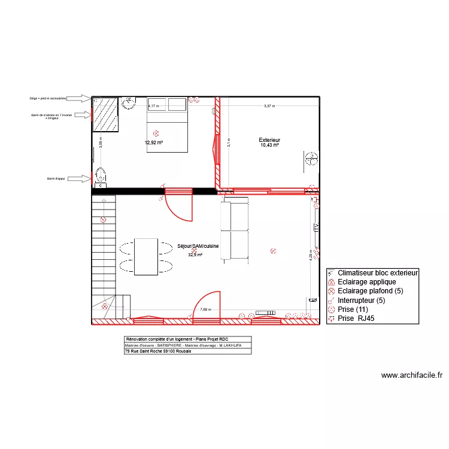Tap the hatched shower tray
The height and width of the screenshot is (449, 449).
105,114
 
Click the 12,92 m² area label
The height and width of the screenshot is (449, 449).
154,143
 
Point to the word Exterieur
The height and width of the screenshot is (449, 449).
270,140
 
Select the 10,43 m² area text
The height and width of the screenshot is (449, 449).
270,145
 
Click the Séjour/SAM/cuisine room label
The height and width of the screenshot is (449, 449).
198,246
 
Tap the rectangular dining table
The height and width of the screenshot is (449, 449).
146,256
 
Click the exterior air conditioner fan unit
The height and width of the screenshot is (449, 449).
311,159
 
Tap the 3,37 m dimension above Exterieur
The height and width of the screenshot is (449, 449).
269,106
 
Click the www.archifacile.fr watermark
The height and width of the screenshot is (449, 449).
412,376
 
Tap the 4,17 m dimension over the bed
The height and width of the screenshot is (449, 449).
154,106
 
